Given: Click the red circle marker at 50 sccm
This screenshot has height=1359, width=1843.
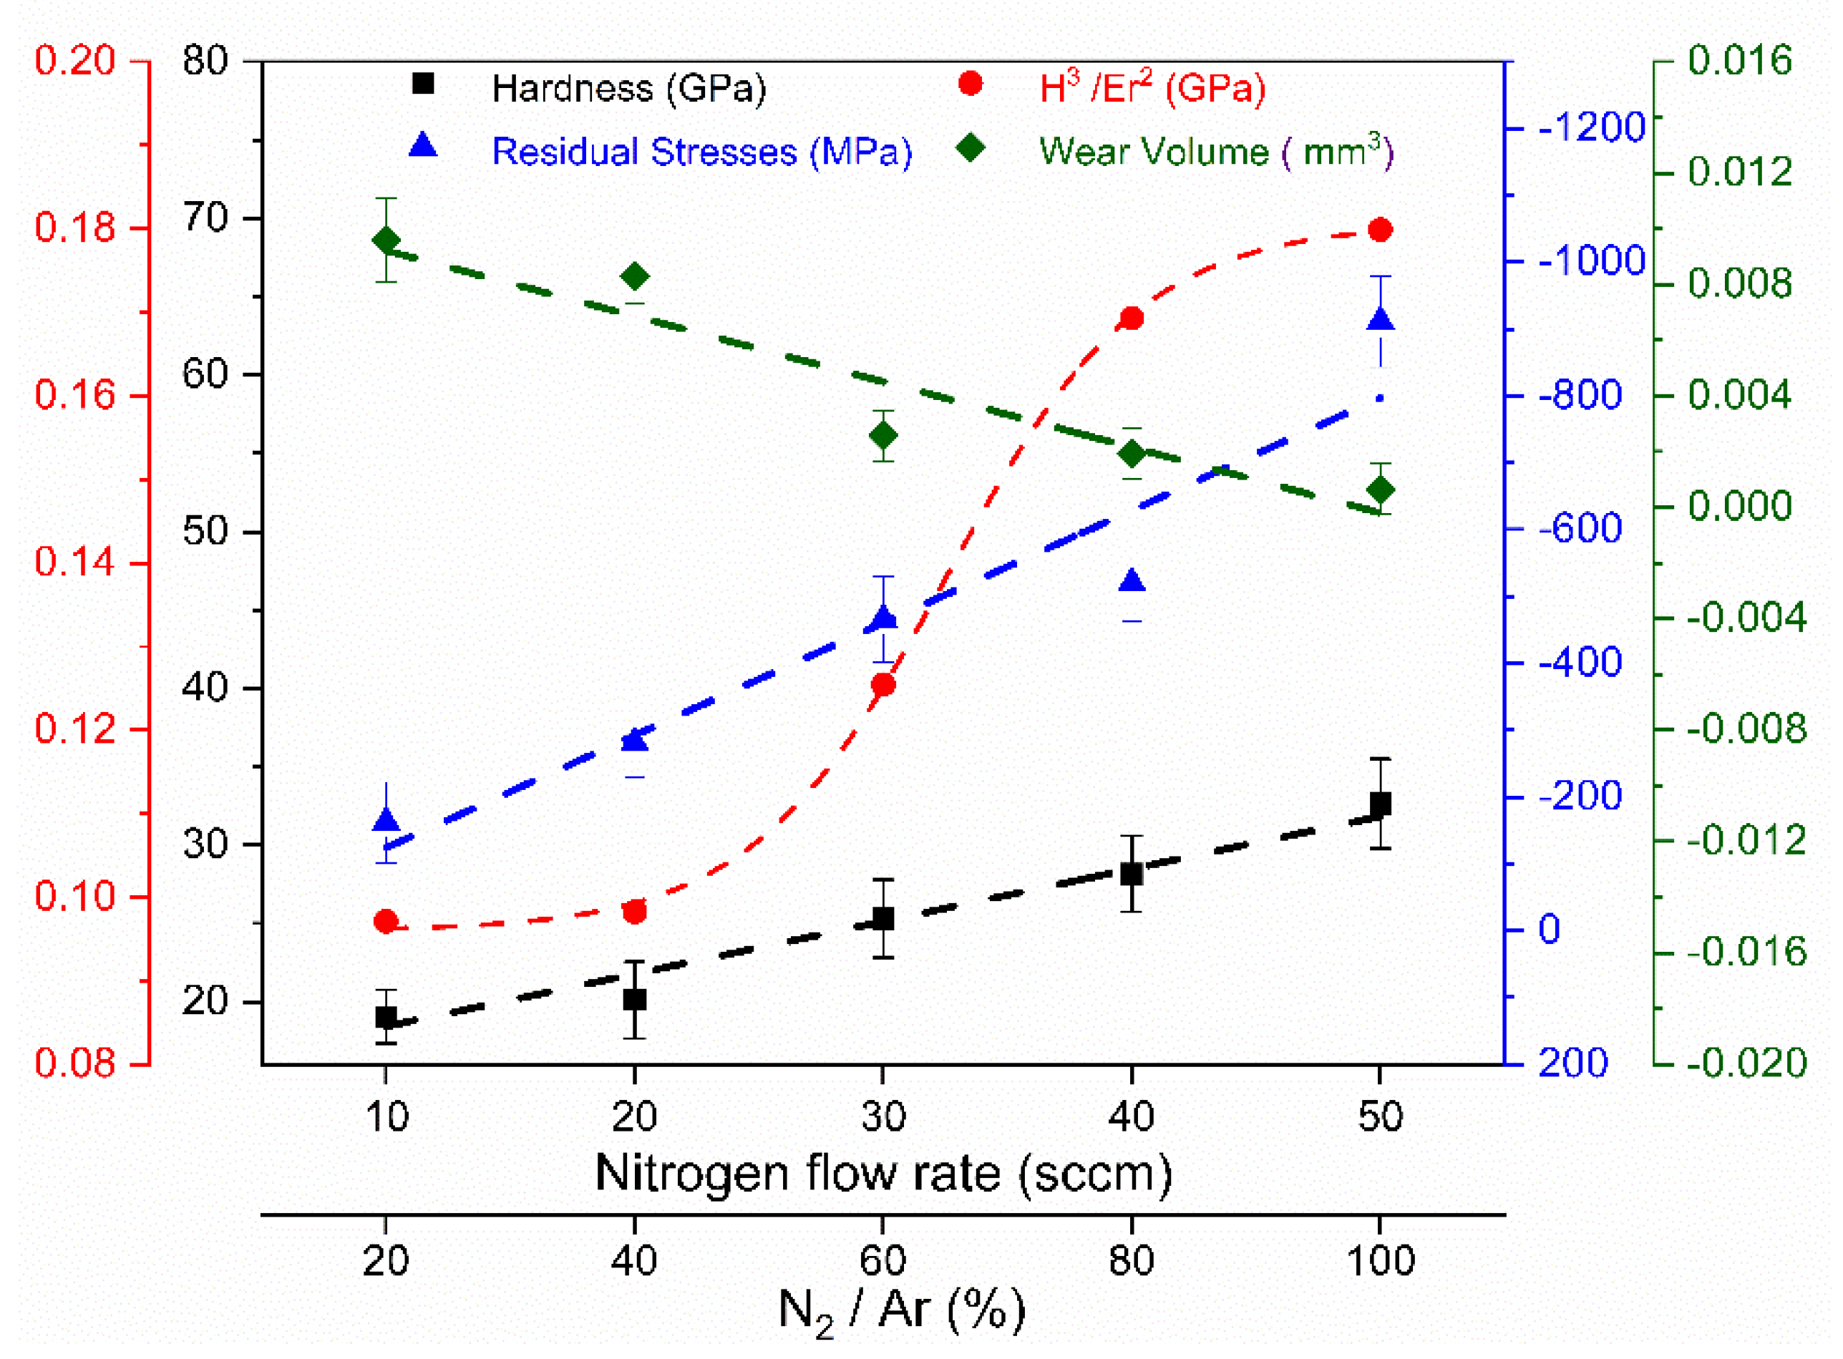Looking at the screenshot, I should click(x=1380, y=230).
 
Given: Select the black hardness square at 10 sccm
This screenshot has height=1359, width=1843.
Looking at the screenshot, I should click(x=386, y=1017).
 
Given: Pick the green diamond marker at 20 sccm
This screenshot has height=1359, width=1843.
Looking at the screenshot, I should click(x=634, y=276).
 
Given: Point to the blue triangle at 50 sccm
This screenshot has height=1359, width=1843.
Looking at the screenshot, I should click(x=1380, y=319).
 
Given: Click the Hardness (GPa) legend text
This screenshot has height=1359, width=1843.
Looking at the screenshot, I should click(x=628, y=88).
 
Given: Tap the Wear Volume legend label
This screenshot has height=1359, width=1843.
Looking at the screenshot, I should click(x=1215, y=152).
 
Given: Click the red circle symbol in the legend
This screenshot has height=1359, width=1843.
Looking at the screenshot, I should click(x=970, y=83).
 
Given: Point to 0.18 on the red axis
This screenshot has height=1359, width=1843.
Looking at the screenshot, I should click(x=75, y=227).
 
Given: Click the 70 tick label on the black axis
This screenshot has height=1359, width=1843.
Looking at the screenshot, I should click(x=205, y=218).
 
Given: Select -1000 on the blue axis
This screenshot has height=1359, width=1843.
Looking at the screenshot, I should click(x=1590, y=260).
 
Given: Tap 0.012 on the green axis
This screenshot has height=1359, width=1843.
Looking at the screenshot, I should click(x=1739, y=172).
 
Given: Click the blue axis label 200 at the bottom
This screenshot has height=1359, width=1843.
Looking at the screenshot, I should click(x=1572, y=1063).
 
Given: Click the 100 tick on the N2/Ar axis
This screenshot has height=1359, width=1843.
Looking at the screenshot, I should click(x=1380, y=1260).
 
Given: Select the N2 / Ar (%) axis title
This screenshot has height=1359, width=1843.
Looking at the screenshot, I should click(x=902, y=1310).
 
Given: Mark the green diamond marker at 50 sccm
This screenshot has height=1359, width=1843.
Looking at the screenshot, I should click(x=1380, y=490).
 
